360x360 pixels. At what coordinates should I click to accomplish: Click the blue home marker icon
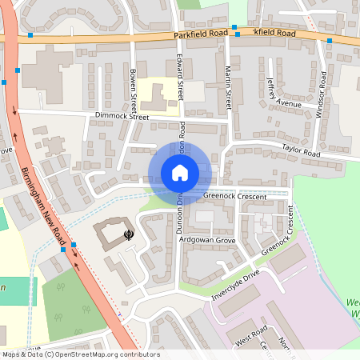179,173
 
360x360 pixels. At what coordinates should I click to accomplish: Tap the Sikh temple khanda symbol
128,234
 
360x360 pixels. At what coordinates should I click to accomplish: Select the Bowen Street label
133,93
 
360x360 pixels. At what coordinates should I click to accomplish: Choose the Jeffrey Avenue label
283,93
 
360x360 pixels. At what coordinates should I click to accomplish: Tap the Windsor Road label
322,94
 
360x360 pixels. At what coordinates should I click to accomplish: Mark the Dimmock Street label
122,117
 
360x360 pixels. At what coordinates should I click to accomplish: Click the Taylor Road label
300,150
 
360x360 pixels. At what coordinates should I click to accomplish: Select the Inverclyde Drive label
236,284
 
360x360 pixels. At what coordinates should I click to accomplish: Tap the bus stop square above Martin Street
234,28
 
